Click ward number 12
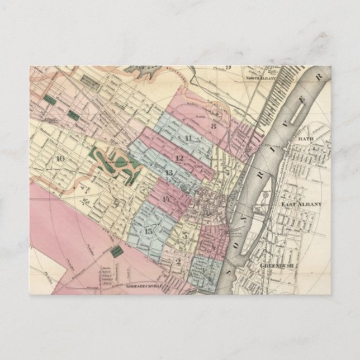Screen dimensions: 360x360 (x=179, y=158)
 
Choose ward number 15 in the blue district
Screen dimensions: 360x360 (x=149, y=231)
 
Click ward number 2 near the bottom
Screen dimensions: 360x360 (x=178, y=261)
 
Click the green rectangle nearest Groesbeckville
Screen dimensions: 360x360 (x=116, y=252)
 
